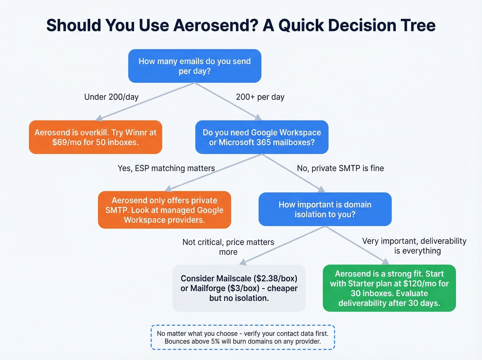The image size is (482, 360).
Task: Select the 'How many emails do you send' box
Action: tap(195, 66)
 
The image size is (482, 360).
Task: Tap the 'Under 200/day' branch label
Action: tap(111, 97)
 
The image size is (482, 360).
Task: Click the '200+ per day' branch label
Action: tap(260, 97)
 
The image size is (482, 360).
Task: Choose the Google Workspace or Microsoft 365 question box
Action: tap(262, 137)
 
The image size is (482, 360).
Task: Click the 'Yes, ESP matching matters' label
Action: tap(166, 168)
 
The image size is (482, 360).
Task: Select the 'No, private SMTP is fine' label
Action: tap(340, 168)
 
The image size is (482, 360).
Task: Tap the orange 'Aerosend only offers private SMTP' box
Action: tap(164, 210)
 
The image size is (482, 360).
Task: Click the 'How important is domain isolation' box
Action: tap(325, 209)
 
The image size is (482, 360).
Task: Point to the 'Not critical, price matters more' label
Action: tap(228, 247)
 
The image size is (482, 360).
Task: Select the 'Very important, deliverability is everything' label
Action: tap(414, 246)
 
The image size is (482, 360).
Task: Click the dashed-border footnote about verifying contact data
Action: tap(243, 337)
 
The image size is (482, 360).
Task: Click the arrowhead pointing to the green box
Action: tap(386, 261)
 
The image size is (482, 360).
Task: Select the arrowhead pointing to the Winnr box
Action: tap(99, 118)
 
